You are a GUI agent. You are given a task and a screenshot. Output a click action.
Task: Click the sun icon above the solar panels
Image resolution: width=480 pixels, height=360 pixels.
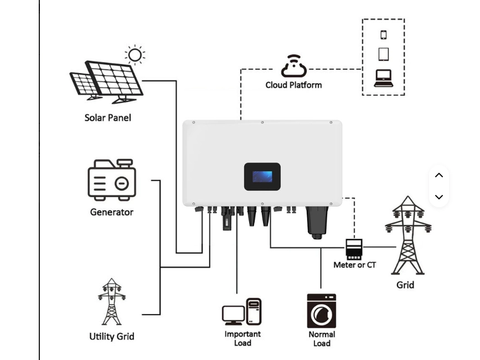coord(135,55)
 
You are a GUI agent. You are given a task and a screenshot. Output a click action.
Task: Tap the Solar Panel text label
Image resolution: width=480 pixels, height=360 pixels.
coord(107,117)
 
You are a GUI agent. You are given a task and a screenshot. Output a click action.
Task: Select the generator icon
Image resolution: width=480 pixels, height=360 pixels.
coord(111,181)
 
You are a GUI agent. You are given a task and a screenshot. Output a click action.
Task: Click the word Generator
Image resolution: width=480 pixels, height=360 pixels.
coord(111,212)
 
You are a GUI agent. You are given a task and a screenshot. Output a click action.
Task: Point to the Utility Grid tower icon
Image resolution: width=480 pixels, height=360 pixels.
coord(111,302)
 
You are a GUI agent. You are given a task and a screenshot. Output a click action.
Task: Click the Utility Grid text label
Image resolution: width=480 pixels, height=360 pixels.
coord(111,336)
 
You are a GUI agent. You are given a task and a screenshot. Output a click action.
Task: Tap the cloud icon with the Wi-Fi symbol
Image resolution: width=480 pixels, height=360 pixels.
coord(293,66)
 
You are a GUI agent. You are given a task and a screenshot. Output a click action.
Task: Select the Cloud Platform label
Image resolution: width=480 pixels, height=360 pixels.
coord(293,85)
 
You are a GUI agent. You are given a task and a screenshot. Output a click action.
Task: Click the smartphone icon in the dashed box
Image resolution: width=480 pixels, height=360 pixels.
coord(383,34)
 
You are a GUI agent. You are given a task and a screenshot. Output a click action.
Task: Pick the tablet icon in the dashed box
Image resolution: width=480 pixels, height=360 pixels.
coord(383,54)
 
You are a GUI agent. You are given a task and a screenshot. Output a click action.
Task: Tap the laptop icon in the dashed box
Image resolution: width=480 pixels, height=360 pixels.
coord(383,78)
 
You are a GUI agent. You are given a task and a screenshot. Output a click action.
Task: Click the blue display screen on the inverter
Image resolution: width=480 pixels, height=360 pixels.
coord(262,177)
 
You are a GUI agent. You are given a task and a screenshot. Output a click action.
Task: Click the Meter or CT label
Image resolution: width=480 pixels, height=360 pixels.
coord(354,265)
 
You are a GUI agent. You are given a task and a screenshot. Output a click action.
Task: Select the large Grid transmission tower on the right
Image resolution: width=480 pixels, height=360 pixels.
coord(408,236)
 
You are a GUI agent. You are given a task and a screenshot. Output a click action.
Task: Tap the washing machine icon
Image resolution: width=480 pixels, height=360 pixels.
coord(322,311)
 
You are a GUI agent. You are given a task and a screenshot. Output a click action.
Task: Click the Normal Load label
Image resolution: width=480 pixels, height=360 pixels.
coord(322,338)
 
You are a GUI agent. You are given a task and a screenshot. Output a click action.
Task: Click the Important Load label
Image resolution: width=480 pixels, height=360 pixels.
coord(242,338)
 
